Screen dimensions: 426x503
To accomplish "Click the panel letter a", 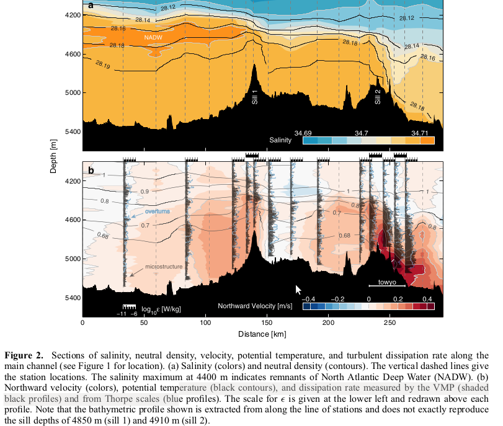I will pos(91,6).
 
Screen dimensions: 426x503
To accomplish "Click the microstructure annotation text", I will pos(163,266).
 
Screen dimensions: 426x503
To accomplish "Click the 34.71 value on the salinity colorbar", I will pos(422,132).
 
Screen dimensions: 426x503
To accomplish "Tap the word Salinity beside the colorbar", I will pos(280,141).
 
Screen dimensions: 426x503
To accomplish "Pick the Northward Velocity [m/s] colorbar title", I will pos(255,306).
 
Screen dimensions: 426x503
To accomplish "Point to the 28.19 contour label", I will pos(104,64).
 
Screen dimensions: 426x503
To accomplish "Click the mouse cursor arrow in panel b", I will pos(298,290).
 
